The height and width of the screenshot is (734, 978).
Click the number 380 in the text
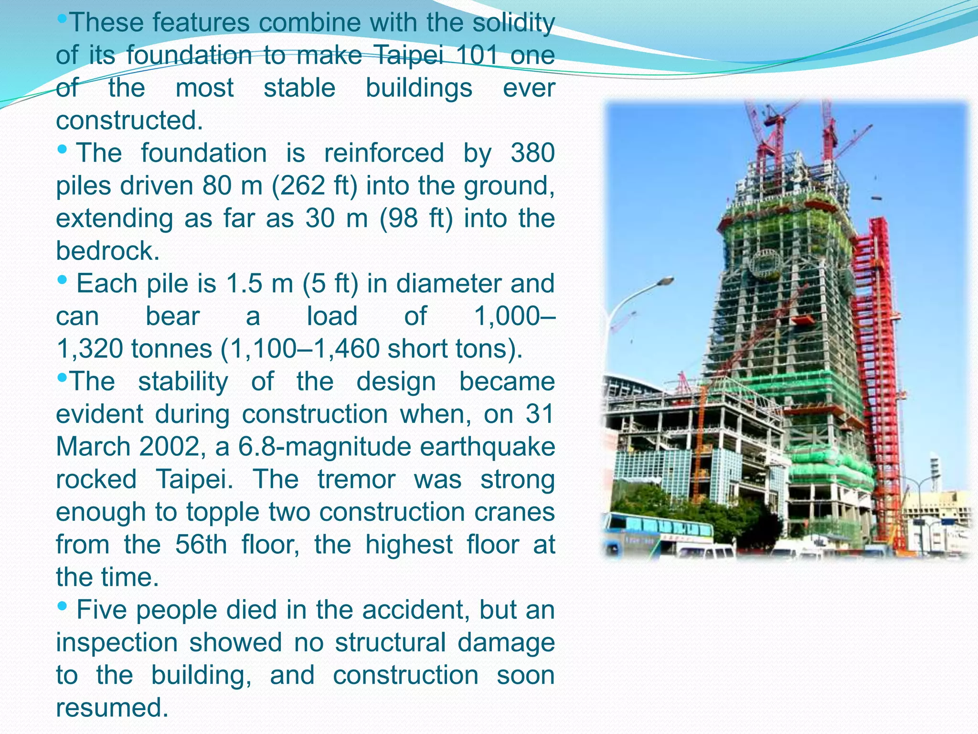click(x=532, y=153)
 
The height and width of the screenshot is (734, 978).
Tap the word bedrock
click(x=107, y=251)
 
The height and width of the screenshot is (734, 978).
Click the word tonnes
click(x=172, y=349)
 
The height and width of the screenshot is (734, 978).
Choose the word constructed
click(x=129, y=120)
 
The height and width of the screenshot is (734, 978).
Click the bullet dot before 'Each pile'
click(x=62, y=280)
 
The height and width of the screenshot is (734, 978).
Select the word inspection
click(x=117, y=643)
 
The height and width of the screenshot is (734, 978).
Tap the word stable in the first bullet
click(x=299, y=88)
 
